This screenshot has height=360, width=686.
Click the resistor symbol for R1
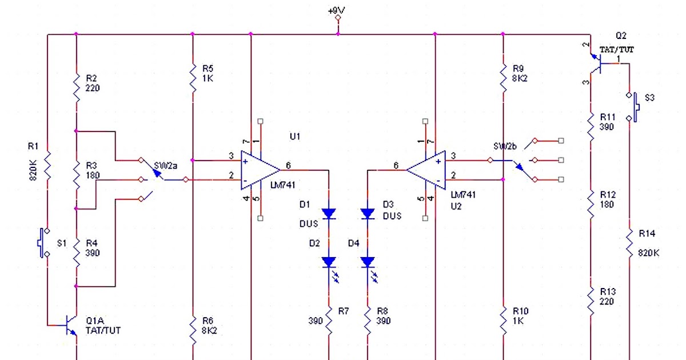(48, 166)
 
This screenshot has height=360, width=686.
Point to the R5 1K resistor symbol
(193, 73)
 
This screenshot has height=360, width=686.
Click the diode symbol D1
(329, 214)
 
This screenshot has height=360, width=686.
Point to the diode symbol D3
(368, 214)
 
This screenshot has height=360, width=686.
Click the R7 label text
(343, 311)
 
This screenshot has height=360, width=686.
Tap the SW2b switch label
(504, 146)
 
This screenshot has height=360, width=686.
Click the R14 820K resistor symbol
(629, 244)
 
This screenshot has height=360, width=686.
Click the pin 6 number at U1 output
(288, 165)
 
